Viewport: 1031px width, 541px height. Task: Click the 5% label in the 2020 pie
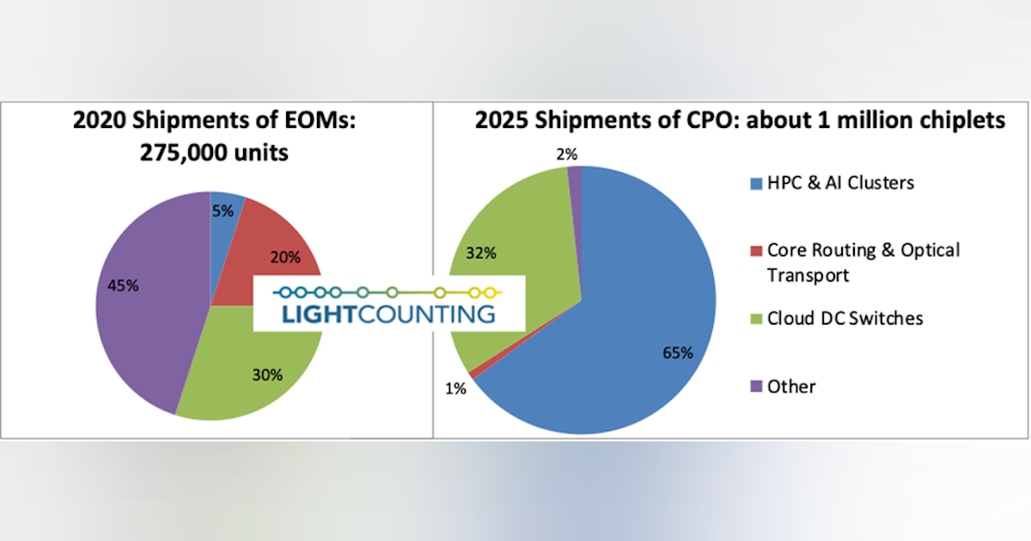[223, 210]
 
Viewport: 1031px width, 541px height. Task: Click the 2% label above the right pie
[567, 155]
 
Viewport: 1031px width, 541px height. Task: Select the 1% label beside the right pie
[455, 388]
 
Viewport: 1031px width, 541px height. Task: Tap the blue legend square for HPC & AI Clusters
[756, 183]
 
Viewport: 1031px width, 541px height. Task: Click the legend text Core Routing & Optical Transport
[863, 262]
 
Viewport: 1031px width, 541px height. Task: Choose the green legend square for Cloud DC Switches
[756, 319]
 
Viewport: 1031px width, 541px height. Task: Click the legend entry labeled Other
[791, 386]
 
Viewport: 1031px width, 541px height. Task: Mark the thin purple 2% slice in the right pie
[576, 185]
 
